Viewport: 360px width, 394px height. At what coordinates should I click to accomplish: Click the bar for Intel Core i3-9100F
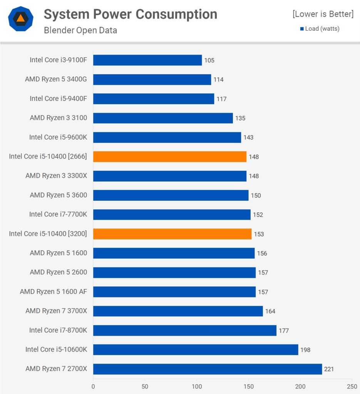[x=147, y=60]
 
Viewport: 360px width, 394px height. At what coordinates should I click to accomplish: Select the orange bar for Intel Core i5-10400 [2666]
[x=170, y=157]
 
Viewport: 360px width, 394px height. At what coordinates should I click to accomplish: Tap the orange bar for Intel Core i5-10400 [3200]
[x=172, y=234]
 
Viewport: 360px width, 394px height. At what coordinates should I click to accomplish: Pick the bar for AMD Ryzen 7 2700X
[x=208, y=369]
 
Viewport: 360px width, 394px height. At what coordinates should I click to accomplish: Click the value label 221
[x=329, y=369]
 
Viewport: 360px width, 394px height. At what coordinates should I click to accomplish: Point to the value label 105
[x=209, y=60]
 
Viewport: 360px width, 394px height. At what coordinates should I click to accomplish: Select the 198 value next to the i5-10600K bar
[x=305, y=350]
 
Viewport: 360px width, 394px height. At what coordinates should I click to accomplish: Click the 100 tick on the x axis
[x=197, y=386]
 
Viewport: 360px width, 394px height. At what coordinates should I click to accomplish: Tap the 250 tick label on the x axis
[x=352, y=386]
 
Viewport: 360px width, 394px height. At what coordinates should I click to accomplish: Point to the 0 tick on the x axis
[x=93, y=386]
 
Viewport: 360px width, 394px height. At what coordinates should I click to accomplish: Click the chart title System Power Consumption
[x=130, y=14]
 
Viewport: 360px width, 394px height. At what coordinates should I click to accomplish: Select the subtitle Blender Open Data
[x=80, y=30]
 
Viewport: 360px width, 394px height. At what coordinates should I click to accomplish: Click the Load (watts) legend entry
[x=320, y=28]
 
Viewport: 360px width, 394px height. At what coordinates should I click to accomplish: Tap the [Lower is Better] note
[x=323, y=14]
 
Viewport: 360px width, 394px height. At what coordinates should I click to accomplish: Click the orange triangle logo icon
[x=20, y=18]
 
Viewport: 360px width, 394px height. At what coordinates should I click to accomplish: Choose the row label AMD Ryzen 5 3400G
[x=56, y=80]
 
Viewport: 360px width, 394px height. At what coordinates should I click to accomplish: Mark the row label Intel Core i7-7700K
[x=58, y=214]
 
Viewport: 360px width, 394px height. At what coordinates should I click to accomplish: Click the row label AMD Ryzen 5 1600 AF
[x=54, y=292]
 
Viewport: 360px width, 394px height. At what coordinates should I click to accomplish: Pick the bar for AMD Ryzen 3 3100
[x=163, y=118]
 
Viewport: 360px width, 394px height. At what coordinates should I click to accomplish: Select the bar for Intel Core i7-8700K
[x=185, y=330]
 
